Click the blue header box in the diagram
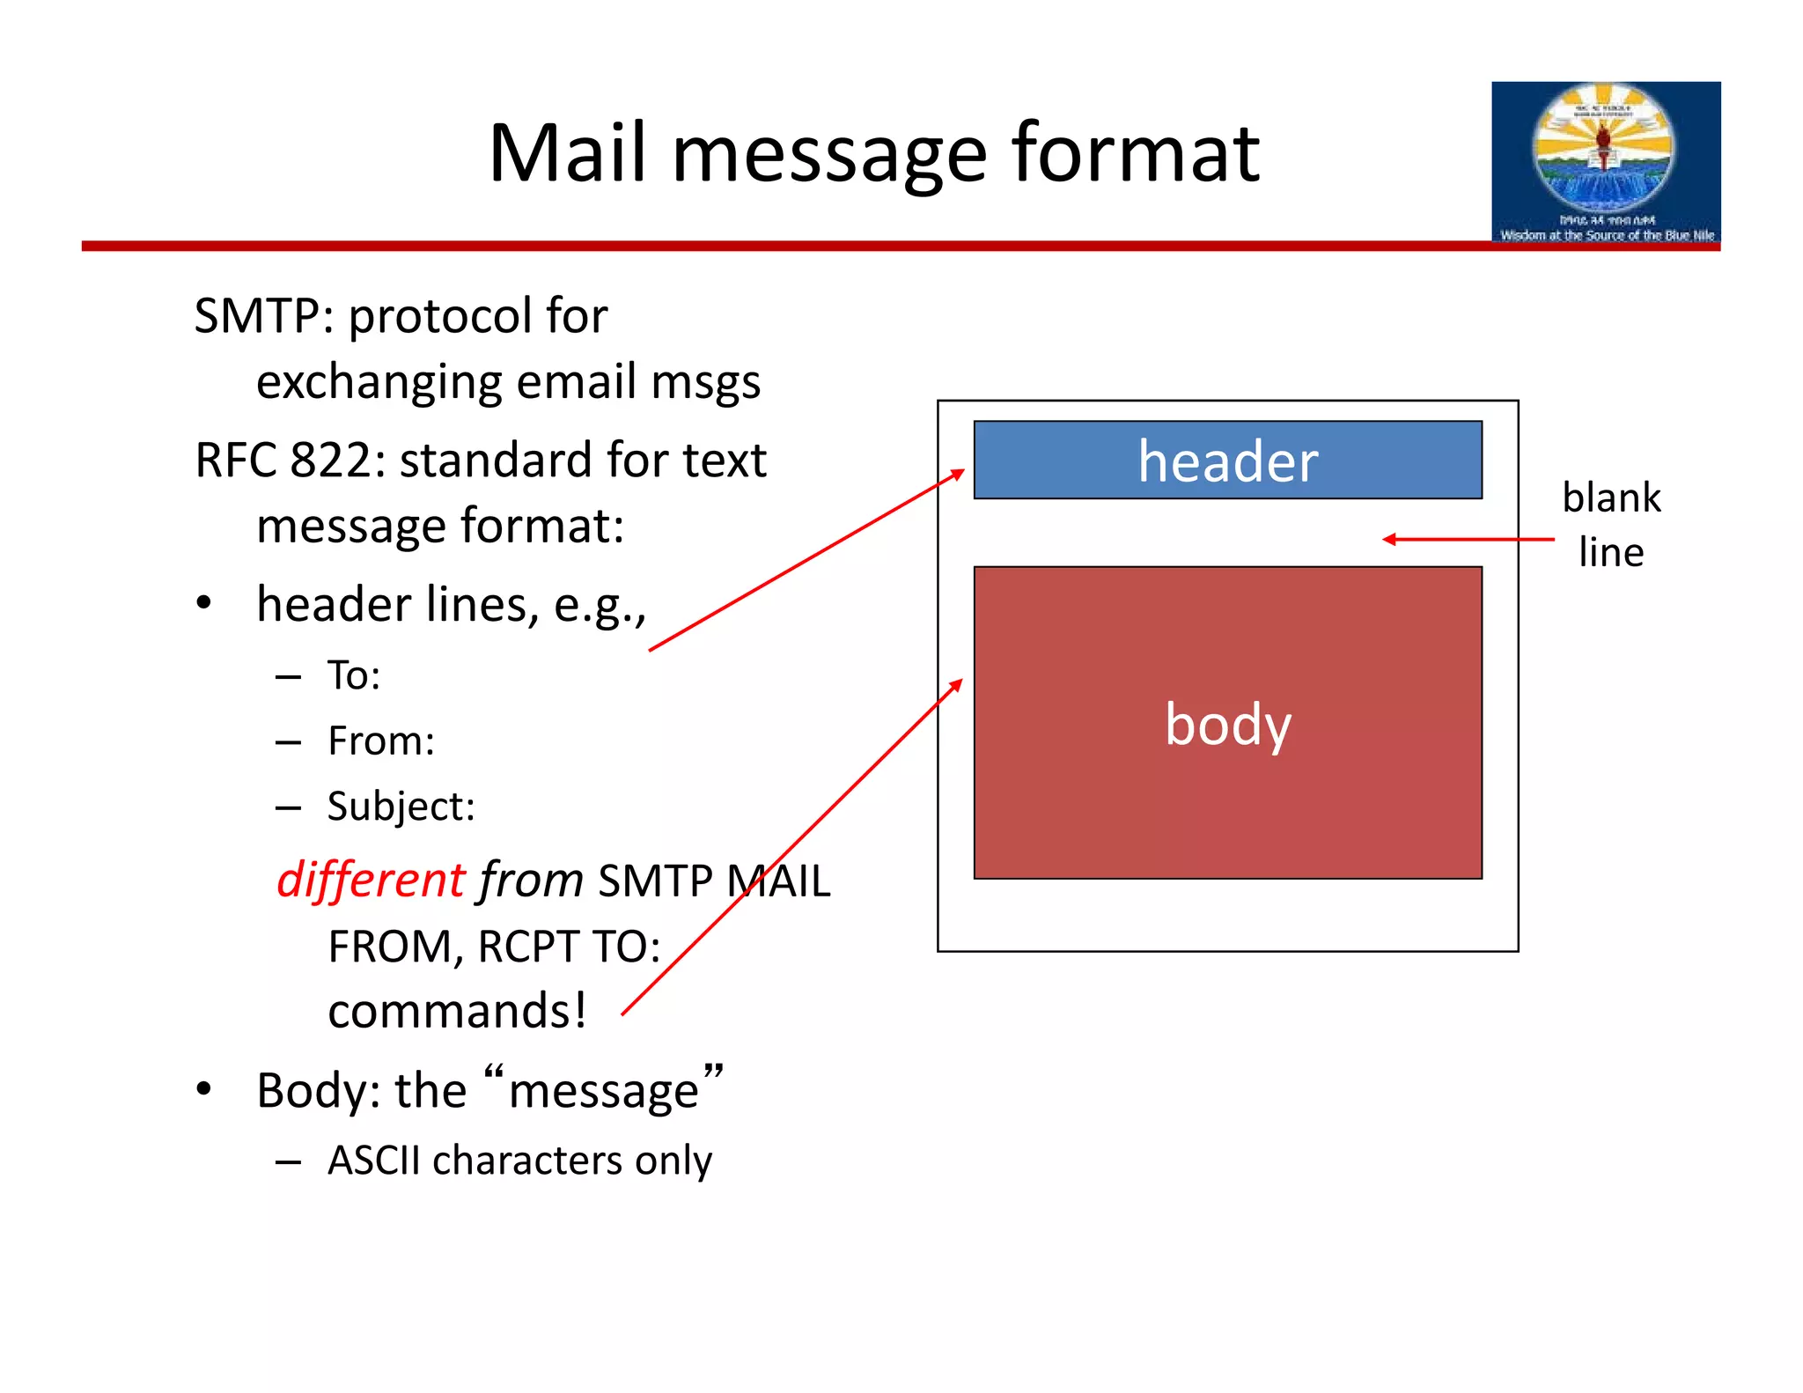[x=1227, y=460]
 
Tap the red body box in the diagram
[x=1227, y=723]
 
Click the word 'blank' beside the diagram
[x=1610, y=497]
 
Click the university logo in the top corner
[x=1605, y=163]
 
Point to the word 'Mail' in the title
[x=569, y=153]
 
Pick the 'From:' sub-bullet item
[x=380, y=741]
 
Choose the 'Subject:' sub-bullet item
[x=401, y=807]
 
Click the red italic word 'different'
[x=370, y=880]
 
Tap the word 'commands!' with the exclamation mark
[x=456, y=1010]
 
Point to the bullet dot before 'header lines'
[x=204, y=604]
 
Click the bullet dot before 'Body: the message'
[x=204, y=1089]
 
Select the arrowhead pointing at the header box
[x=958, y=474]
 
